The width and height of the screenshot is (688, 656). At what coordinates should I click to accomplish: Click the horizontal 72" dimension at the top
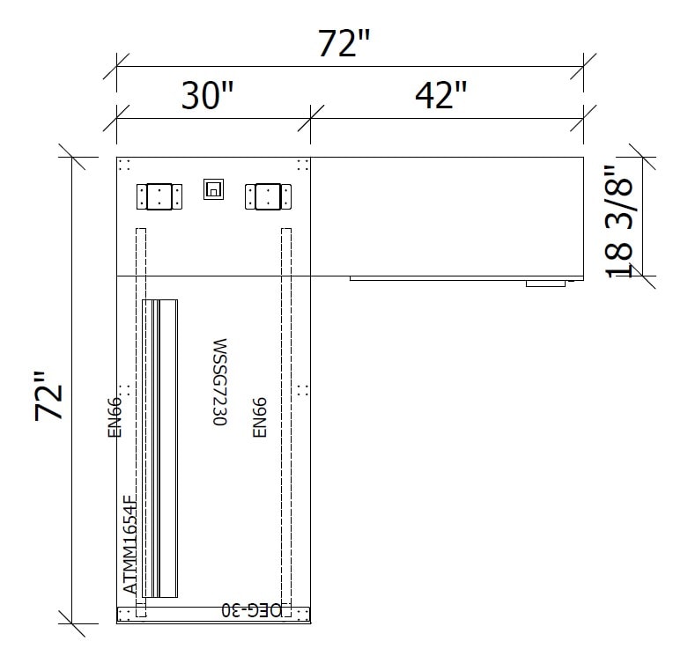point(344,43)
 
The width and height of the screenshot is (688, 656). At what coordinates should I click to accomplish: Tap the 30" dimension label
point(207,95)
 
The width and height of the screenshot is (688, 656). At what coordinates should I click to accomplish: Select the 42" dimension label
point(441,95)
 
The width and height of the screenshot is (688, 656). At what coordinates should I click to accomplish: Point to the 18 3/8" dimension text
point(618,221)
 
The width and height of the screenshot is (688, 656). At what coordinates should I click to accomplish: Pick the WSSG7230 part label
point(219,382)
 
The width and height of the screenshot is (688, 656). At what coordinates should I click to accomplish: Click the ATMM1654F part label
point(129,544)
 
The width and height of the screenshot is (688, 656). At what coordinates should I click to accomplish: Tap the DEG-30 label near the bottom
point(251,610)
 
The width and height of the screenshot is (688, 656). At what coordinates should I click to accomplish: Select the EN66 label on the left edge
point(115,417)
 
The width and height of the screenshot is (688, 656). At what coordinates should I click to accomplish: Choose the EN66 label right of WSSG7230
point(260,417)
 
